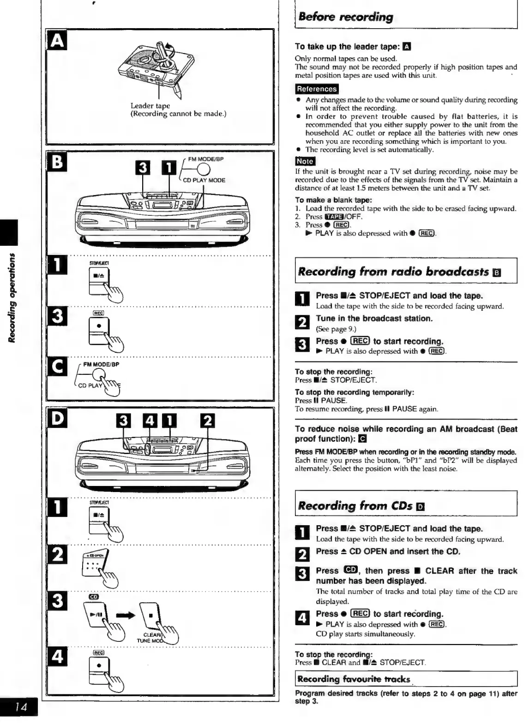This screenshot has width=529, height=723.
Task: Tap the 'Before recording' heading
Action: pyautogui.click(x=346, y=17)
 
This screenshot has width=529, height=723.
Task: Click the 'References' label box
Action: pyautogui.click(x=317, y=89)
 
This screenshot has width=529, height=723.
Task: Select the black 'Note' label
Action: pyautogui.click(x=305, y=161)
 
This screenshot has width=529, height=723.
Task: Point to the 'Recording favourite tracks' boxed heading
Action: pyautogui.click(x=354, y=679)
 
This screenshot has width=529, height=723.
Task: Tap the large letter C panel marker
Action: pyautogui.click(x=58, y=367)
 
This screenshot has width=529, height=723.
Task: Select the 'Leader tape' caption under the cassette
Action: pyautogui.click(x=150, y=106)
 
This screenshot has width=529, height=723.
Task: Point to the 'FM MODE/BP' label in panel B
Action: pyautogui.click(x=206, y=159)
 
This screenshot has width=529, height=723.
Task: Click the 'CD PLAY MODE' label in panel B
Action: pyautogui.click(x=204, y=180)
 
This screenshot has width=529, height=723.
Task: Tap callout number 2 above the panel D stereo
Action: pyautogui.click(x=208, y=421)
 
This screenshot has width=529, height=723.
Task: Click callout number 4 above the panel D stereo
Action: pyautogui.click(x=150, y=421)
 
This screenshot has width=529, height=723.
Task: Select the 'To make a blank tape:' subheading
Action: pyautogui.click(x=327, y=200)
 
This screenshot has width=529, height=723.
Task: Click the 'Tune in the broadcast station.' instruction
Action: pyautogui.click(x=374, y=319)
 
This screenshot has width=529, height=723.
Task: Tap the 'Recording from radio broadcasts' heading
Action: pyautogui.click(x=393, y=272)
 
